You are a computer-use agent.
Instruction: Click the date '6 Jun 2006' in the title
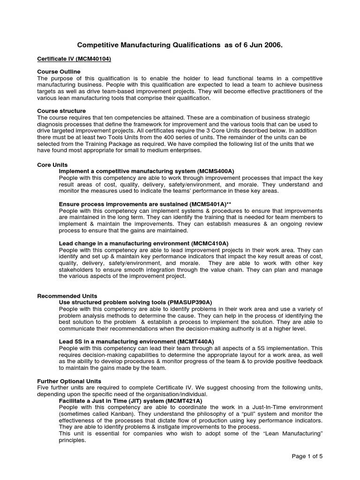262,45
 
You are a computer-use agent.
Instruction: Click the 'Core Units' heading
52,165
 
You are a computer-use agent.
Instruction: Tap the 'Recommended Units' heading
67,296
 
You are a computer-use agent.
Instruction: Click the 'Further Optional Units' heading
69,381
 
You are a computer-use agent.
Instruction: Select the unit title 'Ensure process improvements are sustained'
123,204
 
